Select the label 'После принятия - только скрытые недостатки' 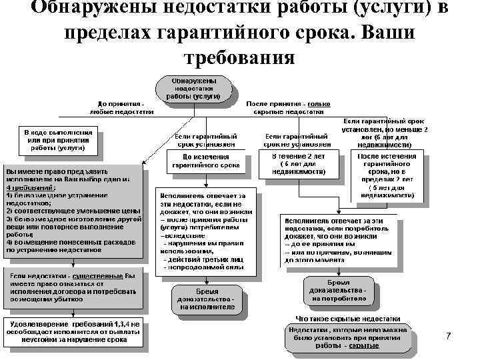288,109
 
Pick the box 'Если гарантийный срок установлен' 205,139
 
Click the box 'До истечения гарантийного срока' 205,161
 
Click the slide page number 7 448,337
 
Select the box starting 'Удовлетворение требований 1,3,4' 73,332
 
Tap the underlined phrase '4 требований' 26,188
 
